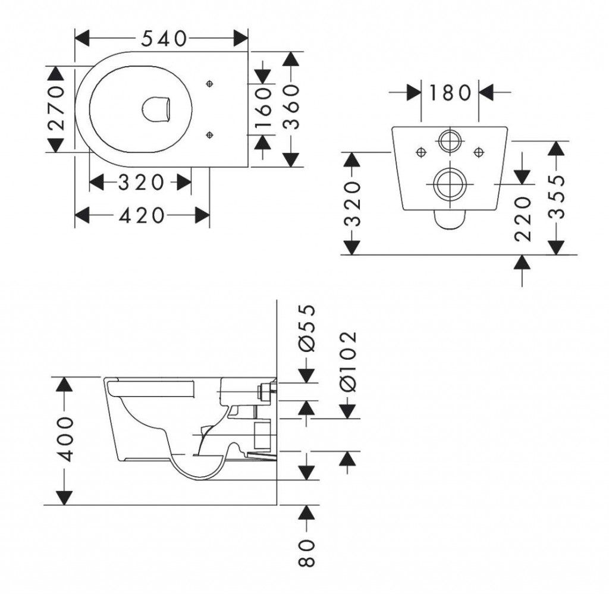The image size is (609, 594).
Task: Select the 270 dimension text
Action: point(56,108)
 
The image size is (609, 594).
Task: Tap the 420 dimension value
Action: point(142,215)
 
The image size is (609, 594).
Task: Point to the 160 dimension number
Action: point(263,108)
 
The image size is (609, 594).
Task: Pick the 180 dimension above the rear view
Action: point(450,93)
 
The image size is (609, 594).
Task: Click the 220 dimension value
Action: point(522,219)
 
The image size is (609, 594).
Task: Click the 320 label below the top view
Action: point(140,183)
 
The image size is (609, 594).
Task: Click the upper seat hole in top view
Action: point(209,84)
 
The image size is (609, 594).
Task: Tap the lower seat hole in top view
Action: point(209,136)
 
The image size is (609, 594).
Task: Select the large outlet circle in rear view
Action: point(450,184)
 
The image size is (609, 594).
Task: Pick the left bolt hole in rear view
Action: point(420,152)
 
